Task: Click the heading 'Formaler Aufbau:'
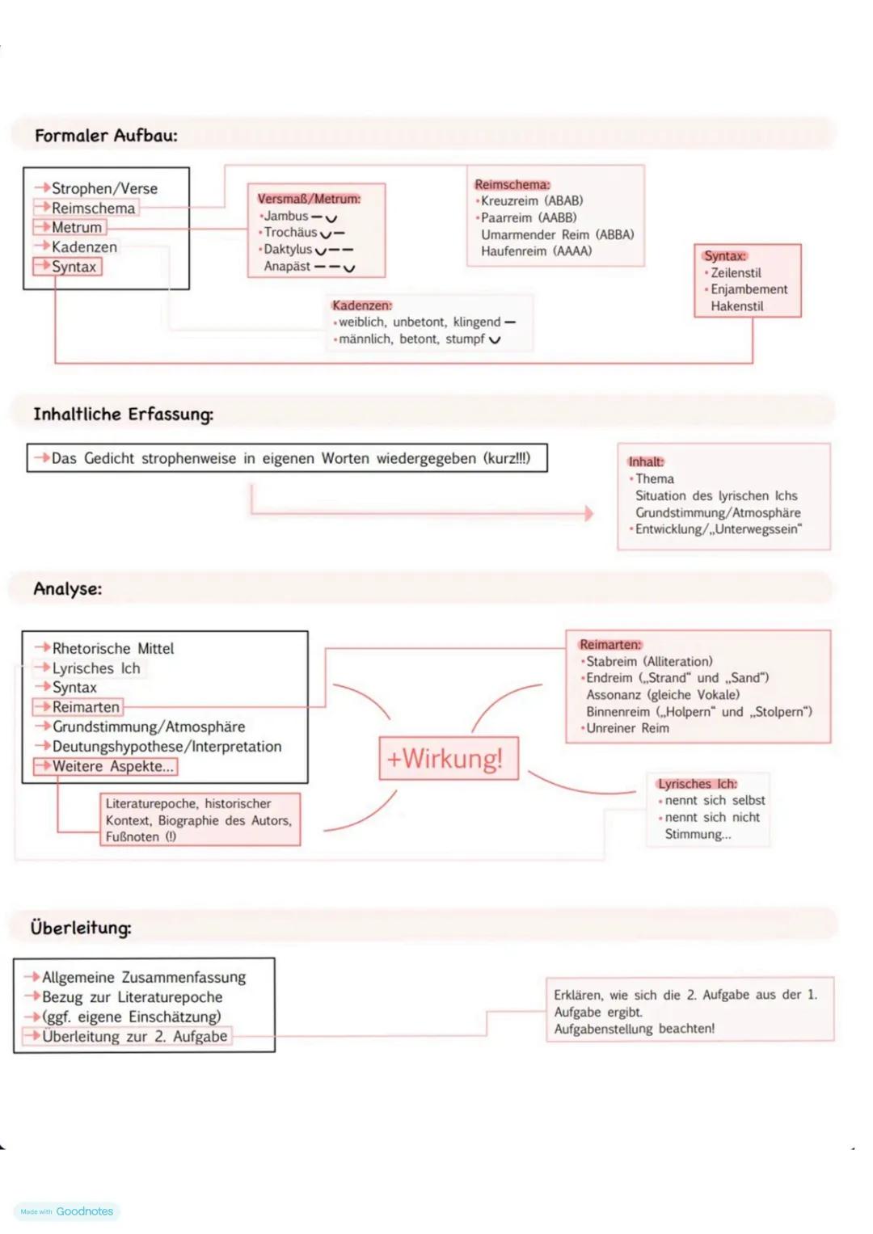click(106, 136)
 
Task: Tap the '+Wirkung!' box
click(449, 759)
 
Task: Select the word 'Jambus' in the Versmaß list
click(286, 217)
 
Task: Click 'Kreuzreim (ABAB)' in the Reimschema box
click(532, 201)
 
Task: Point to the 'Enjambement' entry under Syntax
click(749, 289)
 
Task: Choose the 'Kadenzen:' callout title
click(361, 305)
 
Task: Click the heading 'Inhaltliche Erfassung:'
click(123, 415)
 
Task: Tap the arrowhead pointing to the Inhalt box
click(589, 513)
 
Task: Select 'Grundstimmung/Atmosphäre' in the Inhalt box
click(718, 513)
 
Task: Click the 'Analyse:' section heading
click(68, 589)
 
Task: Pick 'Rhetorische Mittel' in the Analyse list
click(113, 649)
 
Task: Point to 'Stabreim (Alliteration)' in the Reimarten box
click(649, 662)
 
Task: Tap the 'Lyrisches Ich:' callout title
click(697, 784)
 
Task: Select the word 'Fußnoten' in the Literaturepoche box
click(133, 837)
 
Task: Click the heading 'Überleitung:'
click(81, 928)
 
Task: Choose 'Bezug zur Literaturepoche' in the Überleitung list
click(132, 997)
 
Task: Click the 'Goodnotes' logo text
click(84, 1211)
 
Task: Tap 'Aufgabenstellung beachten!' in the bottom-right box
click(634, 1029)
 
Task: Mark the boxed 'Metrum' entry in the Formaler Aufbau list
click(77, 228)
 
